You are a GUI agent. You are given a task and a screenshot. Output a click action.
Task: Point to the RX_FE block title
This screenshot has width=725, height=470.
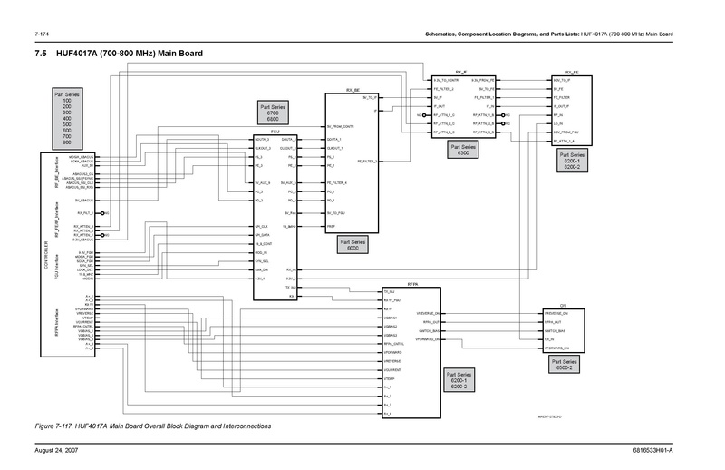tap(571, 72)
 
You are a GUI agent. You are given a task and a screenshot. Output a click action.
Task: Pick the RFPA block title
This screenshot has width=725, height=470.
tap(411, 286)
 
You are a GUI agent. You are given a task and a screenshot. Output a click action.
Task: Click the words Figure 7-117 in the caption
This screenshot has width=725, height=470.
tap(53, 426)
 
